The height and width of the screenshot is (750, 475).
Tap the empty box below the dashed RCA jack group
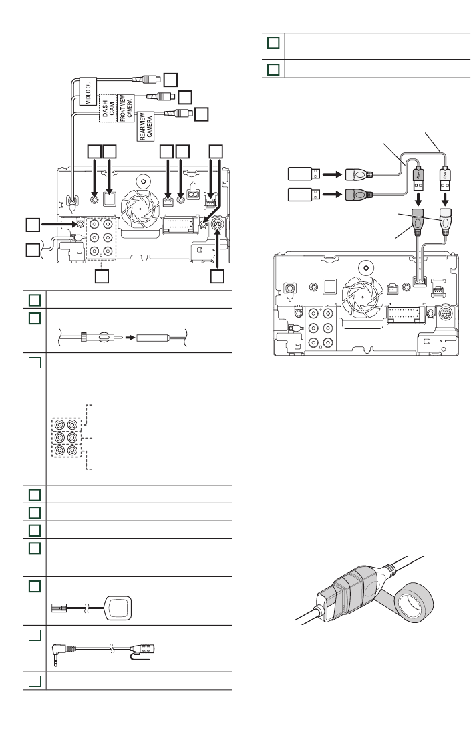[101, 275]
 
